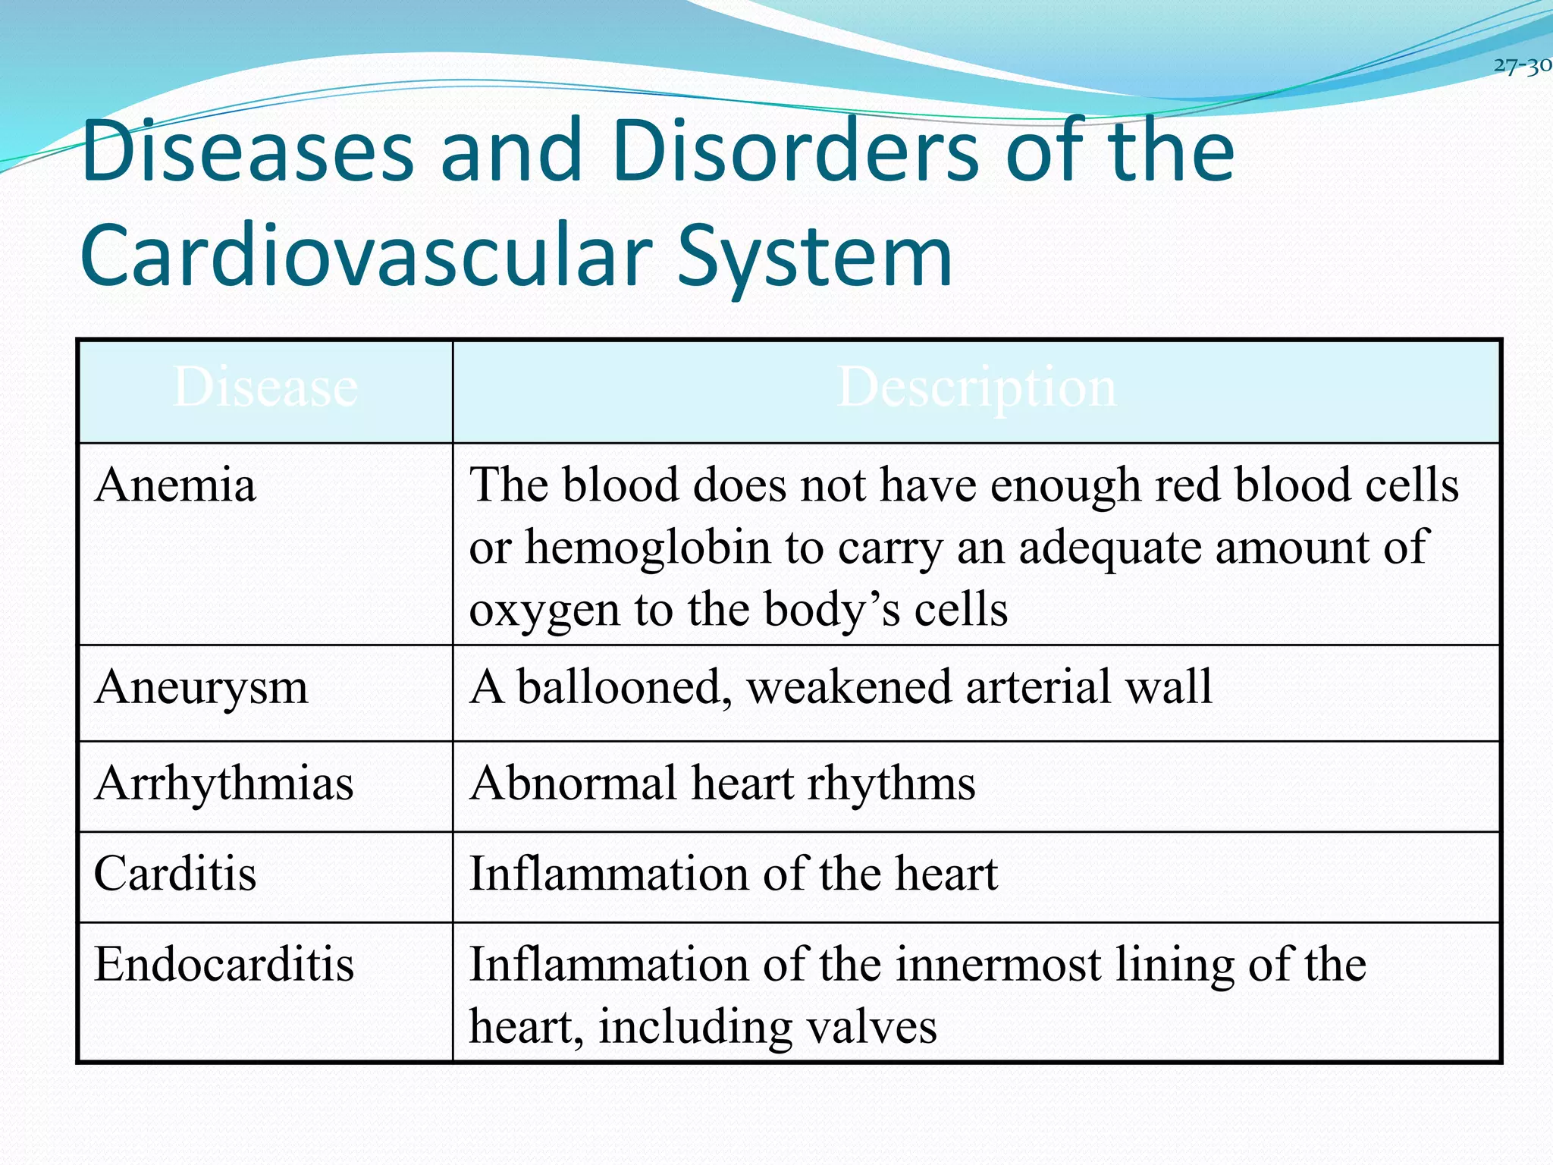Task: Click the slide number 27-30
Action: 1522,66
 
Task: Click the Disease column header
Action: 265,388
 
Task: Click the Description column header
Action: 976,388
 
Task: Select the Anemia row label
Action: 175,485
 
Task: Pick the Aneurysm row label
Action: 201,688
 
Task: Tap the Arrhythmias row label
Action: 224,783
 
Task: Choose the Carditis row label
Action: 175,874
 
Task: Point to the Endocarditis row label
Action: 224,965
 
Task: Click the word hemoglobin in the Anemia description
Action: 648,548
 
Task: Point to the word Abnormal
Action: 573,783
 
